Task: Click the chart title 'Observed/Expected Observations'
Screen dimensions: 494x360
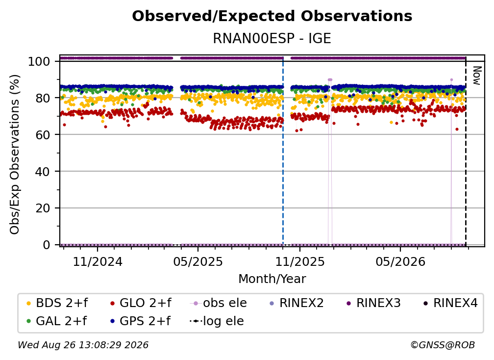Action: pyautogui.click(x=272, y=16)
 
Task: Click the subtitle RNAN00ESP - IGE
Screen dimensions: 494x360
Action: pyautogui.click(x=272, y=38)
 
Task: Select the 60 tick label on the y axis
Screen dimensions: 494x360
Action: pyautogui.click(x=43, y=134)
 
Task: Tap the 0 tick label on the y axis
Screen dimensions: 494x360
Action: pyautogui.click(x=47, y=245)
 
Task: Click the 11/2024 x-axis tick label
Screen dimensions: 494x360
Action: pyautogui.click(x=98, y=261)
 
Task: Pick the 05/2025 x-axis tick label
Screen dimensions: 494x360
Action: pyautogui.click(x=198, y=261)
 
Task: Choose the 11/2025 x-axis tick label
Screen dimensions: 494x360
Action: pyautogui.click(x=300, y=261)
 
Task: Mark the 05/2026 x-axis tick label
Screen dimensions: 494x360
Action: pyautogui.click(x=400, y=261)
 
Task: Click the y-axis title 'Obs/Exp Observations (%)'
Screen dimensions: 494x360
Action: pyautogui.click(x=15, y=154)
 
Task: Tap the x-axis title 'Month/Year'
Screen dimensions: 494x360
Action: pyautogui.click(x=272, y=279)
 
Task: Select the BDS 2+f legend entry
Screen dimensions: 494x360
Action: pyautogui.click(x=57, y=303)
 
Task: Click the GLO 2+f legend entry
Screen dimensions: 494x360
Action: pyautogui.click(x=141, y=303)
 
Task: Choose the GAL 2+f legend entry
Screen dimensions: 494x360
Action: pyautogui.click(x=57, y=321)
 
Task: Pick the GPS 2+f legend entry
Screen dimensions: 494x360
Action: pyautogui.click(x=140, y=321)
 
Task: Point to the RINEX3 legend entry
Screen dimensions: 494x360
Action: pyautogui.click(x=373, y=303)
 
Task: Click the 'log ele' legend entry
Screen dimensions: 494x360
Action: pyautogui.click(x=217, y=321)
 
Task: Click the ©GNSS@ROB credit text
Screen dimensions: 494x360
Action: pyautogui.click(x=443, y=345)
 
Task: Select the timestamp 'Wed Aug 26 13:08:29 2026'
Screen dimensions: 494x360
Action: pyautogui.click(x=83, y=345)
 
